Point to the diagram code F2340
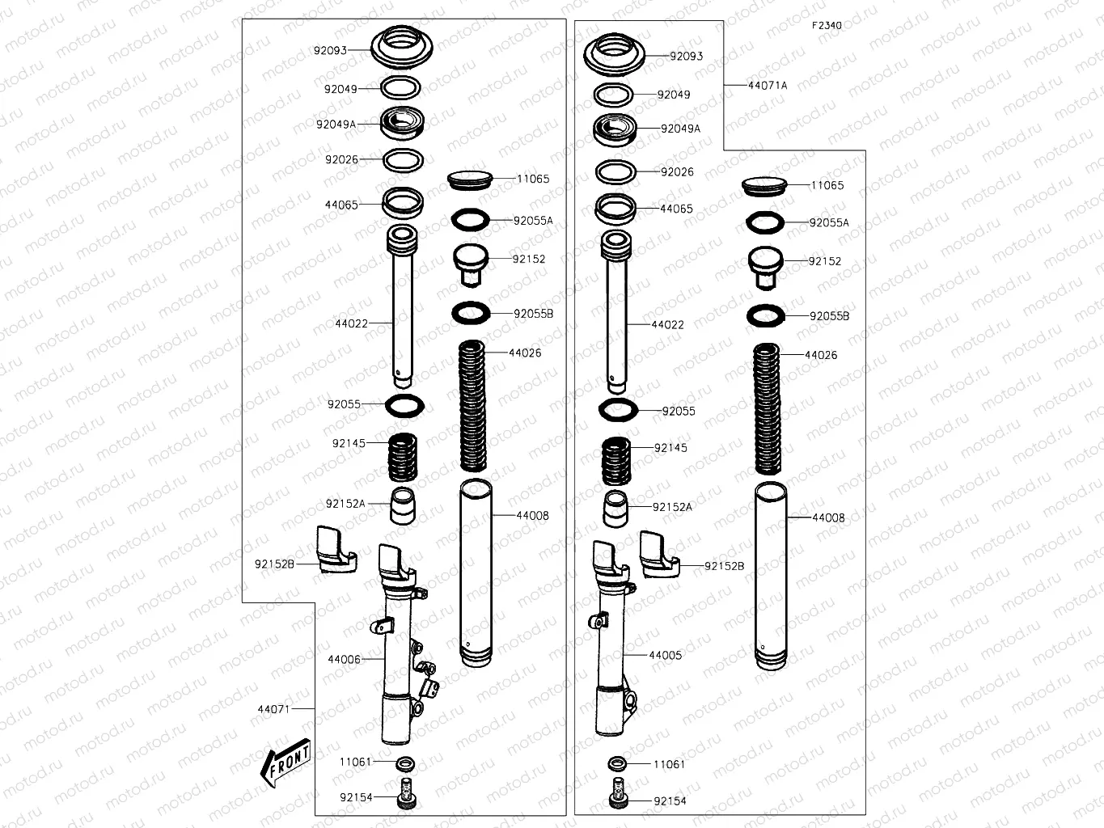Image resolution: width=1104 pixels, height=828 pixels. (827, 25)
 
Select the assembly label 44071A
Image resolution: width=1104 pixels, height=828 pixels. (767, 85)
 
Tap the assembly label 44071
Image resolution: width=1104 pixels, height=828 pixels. (273, 709)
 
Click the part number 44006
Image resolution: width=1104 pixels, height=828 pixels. (344, 659)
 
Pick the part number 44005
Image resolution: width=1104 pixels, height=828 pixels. (665, 655)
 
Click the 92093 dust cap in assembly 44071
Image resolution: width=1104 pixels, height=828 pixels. (403, 48)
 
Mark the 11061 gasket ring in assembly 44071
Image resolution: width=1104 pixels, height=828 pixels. (405, 763)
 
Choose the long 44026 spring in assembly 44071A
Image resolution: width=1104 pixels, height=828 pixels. (767, 408)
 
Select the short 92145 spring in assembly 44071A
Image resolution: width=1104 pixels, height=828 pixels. (616, 461)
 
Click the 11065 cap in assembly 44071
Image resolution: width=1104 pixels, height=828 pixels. (470, 180)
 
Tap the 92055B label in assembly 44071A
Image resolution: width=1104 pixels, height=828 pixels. (829, 316)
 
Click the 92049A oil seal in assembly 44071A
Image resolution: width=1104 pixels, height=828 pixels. (615, 129)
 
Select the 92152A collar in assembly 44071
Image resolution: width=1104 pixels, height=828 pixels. (404, 505)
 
